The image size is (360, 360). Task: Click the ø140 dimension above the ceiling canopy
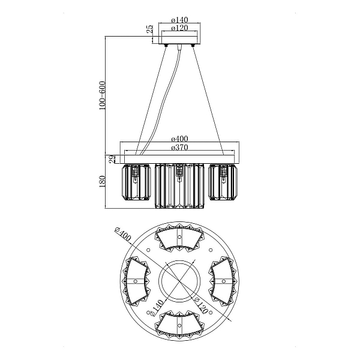pyautogui.click(x=179, y=20)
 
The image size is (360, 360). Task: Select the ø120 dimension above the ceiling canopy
pyautogui.click(x=179, y=28)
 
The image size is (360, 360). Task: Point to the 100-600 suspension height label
pyautogui.click(x=102, y=95)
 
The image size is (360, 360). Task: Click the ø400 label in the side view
pyautogui.click(x=179, y=139)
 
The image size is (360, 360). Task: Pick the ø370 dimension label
pyautogui.click(x=179, y=147)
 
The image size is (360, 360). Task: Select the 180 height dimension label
pyautogui.click(x=102, y=181)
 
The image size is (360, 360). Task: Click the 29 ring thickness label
pyautogui.click(x=112, y=159)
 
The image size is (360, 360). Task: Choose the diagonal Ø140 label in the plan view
pyautogui.click(x=155, y=307)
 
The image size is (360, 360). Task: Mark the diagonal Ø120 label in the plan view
pyautogui.click(x=200, y=305)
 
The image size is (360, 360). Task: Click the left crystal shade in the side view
pyautogui.click(x=136, y=182)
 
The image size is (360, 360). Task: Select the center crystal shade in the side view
pyautogui.click(x=179, y=186)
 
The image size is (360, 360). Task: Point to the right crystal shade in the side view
pyautogui.click(x=223, y=182)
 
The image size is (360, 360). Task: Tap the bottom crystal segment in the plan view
pyautogui.click(x=179, y=325)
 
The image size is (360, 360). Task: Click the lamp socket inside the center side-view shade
pyautogui.click(x=179, y=172)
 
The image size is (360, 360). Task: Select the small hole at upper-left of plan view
pyautogui.click(x=148, y=250)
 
